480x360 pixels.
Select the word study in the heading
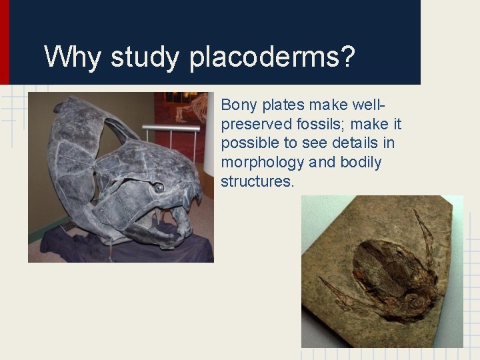point(145,58)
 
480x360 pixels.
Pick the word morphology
point(263,163)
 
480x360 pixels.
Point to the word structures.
point(257,181)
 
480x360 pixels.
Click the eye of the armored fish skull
point(159,188)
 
